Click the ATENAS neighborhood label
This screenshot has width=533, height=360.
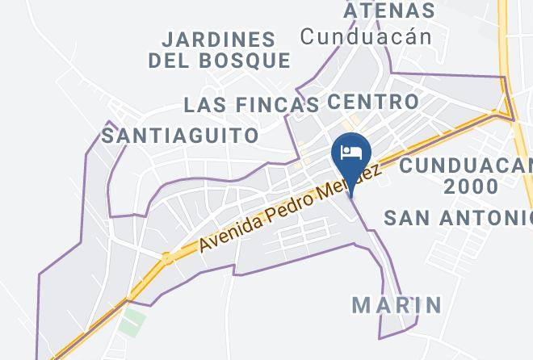(389, 10)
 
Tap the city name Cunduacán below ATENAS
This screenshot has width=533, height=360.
(366, 36)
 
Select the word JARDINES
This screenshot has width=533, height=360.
(218, 39)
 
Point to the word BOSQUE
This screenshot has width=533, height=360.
(243, 60)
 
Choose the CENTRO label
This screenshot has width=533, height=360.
(373, 102)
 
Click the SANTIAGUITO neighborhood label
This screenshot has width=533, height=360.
(181, 135)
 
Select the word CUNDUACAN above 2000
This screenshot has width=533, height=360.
(465, 165)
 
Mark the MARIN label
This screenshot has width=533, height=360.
(397, 304)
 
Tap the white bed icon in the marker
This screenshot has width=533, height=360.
(351, 153)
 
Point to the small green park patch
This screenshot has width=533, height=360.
(132, 320)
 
